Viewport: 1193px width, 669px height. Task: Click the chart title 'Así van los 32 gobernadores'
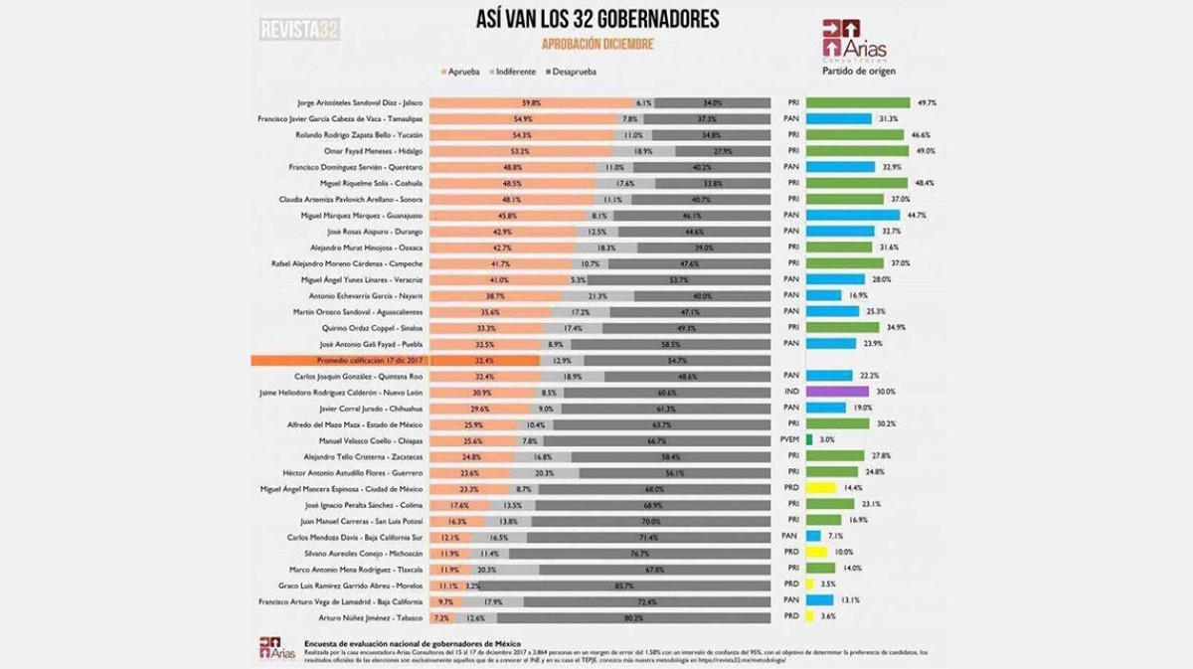[x=597, y=21]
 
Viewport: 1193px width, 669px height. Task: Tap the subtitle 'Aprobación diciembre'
[x=597, y=44]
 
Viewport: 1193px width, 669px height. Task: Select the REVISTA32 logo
[x=299, y=30]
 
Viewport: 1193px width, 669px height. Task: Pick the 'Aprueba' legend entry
[x=461, y=72]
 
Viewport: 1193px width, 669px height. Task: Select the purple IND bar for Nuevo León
[x=837, y=392]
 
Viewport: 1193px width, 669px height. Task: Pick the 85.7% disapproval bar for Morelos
[x=624, y=585]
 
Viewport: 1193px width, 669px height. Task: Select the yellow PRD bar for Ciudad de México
[x=820, y=488]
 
